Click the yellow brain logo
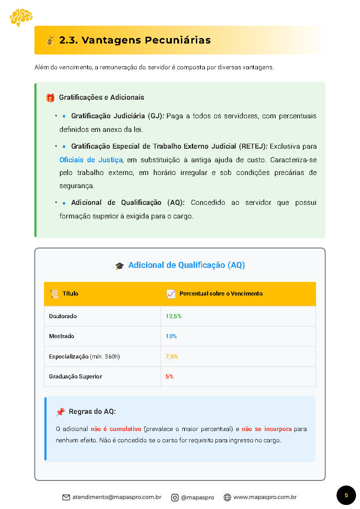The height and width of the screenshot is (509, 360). [x=21, y=17]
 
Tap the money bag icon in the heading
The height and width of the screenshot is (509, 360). [x=50, y=40]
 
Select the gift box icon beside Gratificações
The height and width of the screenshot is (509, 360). [x=50, y=97]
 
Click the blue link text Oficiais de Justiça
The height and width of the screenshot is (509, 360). [x=91, y=160]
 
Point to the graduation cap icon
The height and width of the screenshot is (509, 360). [x=120, y=266]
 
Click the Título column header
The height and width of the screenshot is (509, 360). [x=70, y=294]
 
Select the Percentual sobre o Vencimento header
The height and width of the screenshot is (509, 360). [x=221, y=294]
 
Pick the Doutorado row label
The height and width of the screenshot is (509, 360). [x=63, y=316]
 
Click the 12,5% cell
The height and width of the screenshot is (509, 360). [x=174, y=316]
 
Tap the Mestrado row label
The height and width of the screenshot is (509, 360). [x=62, y=336]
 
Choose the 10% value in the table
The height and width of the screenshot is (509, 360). [x=171, y=336]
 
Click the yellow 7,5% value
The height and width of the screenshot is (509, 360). [x=172, y=357]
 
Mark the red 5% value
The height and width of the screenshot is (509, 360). [x=170, y=377]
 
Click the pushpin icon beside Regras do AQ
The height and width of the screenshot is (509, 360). [x=60, y=412]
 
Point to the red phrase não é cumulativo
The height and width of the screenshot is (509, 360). [x=116, y=429]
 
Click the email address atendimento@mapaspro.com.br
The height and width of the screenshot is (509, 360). [x=117, y=497]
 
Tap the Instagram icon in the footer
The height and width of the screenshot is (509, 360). [x=175, y=497]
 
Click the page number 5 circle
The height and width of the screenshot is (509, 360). [x=346, y=495]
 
